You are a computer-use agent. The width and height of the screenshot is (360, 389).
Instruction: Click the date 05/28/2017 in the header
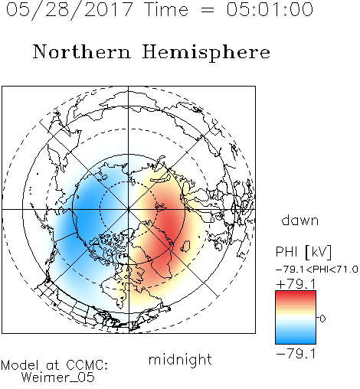(70, 10)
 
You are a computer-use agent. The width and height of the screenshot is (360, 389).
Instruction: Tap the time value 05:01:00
(270, 9)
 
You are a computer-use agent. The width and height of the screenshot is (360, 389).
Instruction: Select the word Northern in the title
(81, 51)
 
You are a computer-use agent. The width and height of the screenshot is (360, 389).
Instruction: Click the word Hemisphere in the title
(206, 52)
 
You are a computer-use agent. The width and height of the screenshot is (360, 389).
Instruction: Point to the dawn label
(300, 220)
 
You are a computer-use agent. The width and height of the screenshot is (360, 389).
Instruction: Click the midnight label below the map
(180, 359)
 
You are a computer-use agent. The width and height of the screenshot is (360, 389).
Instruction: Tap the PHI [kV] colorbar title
(303, 252)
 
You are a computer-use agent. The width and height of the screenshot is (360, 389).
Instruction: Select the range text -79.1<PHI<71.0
(317, 270)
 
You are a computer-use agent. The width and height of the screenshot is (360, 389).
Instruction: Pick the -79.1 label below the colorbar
(296, 354)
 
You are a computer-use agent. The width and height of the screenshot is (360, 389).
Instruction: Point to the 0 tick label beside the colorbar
(322, 319)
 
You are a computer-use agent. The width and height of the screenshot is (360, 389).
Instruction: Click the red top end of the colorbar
(296, 293)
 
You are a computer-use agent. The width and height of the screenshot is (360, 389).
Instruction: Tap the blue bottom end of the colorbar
(296, 341)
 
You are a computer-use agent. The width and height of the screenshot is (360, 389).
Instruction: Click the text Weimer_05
(58, 378)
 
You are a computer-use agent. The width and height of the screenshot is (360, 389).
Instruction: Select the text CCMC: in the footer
(87, 365)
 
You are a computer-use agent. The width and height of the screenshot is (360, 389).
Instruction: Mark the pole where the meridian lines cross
(129, 209)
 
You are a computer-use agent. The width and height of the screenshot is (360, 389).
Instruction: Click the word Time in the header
(166, 9)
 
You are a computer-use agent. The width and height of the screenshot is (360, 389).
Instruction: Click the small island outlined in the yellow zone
(185, 246)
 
